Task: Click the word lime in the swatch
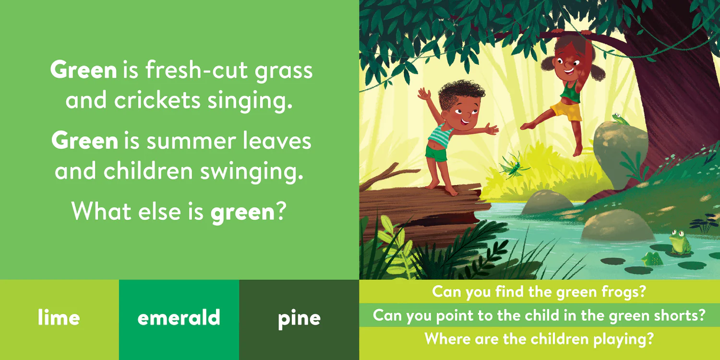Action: pos(59,317)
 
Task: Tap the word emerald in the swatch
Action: pos(179,317)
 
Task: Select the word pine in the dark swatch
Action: pos(299,319)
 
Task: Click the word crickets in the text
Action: pos(157,100)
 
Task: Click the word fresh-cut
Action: pos(197,70)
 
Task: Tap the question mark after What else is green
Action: pos(281,211)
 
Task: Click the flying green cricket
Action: pos(514,166)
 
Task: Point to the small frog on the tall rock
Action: pos(620,119)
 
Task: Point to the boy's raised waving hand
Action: pos(424,94)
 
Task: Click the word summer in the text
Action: pos(192,141)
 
